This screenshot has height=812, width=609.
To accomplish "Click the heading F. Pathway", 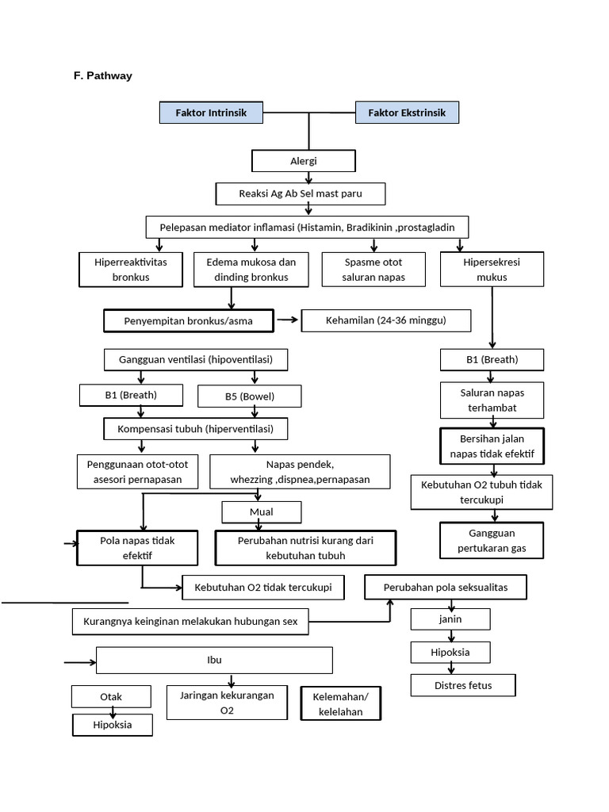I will tap(103, 76).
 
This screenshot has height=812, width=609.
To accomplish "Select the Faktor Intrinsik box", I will tap(210, 113).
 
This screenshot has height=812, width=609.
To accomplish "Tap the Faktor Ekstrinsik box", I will tap(407, 113).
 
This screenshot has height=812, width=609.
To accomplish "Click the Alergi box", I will tap(303, 161).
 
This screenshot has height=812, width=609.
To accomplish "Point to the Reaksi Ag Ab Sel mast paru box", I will tap(301, 193).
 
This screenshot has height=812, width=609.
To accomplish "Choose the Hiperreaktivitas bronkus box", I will tap(132, 270).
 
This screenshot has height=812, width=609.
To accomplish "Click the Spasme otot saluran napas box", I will tap(372, 270).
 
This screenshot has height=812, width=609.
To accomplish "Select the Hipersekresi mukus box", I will tap(492, 270).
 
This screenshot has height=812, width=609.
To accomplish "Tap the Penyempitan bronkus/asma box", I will tap(189, 321).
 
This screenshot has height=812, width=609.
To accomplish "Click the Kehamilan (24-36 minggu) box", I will tap(386, 321).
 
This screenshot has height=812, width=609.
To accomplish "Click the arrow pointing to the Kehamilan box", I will tap(288, 320).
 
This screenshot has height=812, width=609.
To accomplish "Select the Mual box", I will tap(261, 512).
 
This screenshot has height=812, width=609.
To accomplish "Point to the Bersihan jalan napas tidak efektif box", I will tap(492, 446).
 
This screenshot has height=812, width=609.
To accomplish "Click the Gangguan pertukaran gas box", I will tap(492, 541).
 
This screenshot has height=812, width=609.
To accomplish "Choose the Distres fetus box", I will tap(463, 685).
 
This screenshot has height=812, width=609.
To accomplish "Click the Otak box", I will tap(111, 697).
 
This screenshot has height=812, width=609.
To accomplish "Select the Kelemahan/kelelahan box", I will tap(340, 703).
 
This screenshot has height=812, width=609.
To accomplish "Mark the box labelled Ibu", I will tap(214, 660).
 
